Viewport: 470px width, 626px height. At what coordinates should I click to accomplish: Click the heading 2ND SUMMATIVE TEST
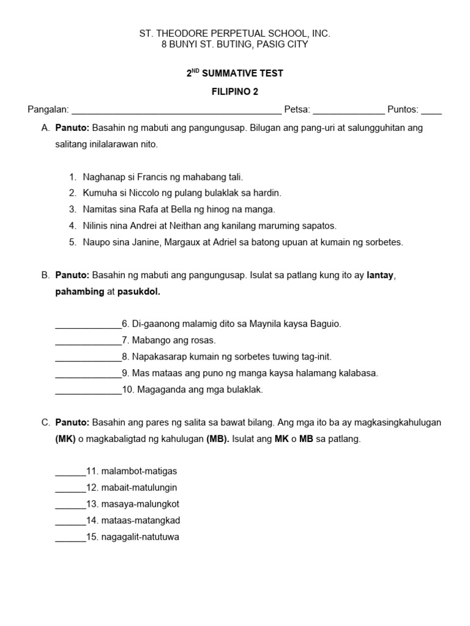click(235, 73)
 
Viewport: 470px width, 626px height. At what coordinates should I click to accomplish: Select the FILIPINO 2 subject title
click(235, 92)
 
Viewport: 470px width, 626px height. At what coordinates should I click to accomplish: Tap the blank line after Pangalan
click(176, 111)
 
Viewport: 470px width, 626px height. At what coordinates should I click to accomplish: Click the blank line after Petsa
click(349, 111)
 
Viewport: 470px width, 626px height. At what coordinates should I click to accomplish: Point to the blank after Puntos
click(431, 111)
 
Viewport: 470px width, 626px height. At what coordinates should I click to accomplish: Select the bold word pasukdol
click(138, 292)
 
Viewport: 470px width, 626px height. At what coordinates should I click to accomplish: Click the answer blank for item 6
click(88, 325)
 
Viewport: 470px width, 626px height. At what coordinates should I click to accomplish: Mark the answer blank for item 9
click(88, 374)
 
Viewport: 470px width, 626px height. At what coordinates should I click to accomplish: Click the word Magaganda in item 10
click(158, 390)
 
